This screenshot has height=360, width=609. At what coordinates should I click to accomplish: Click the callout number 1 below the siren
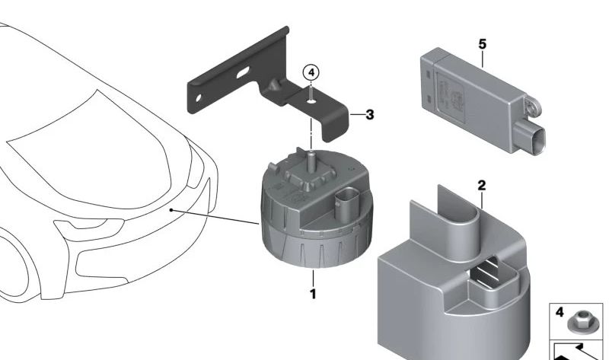click(313, 294)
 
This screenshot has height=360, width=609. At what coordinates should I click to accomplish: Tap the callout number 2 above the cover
click(482, 186)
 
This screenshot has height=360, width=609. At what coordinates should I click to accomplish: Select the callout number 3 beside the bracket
click(370, 115)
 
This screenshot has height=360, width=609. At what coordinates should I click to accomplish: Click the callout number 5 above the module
click(482, 44)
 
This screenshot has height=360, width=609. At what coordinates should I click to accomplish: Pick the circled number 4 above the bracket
click(311, 72)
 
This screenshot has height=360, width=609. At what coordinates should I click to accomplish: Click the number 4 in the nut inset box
click(560, 313)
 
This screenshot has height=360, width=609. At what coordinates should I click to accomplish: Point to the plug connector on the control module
click(531, 137)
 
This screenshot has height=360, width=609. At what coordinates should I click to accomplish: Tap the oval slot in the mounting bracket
click(244, 72)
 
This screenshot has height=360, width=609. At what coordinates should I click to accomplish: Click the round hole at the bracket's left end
click(199, 97)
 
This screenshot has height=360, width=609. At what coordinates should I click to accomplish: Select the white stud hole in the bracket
click(311, 102)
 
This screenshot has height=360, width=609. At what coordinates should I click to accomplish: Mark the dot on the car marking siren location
click(171, 210)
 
